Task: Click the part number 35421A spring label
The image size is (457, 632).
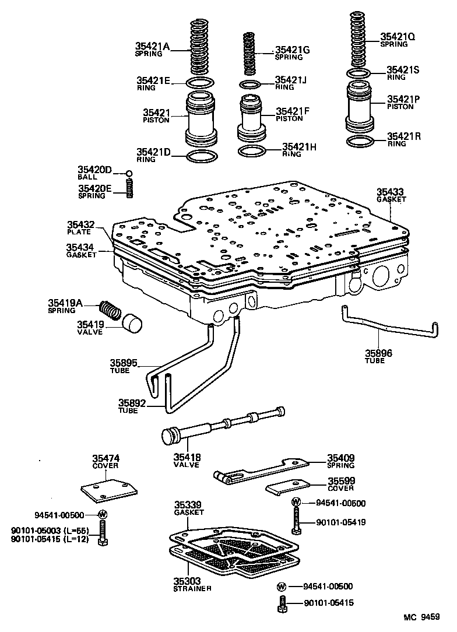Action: (x=152, y=46)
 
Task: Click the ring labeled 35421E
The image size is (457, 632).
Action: (x=201, y=82)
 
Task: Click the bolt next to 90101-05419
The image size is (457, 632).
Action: (x=296, y=520)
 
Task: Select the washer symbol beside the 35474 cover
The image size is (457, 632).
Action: (x=103, y=514)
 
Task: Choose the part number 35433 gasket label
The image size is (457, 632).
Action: (x=390, y=192)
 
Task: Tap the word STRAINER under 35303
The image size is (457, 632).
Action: (x=192, y=588)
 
